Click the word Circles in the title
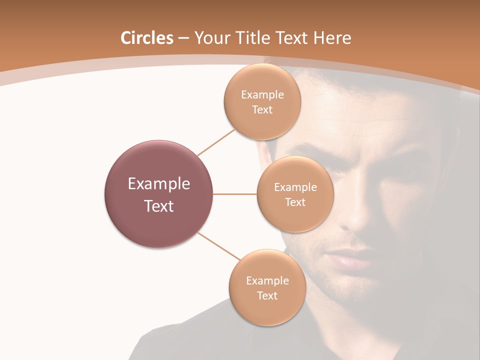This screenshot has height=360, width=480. [x=147, y=38]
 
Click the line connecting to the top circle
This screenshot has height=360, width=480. [x=216, y=141]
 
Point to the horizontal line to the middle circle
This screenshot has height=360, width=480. [x=235, y=194]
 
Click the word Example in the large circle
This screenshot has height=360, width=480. [x=159, y=184]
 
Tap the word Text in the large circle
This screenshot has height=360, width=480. [x=159, y=206]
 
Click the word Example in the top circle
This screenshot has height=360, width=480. [x=262, y=95]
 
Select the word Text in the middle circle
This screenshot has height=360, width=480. [x=295, y=202]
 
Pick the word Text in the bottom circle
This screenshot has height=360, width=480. [x=267, y=295]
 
